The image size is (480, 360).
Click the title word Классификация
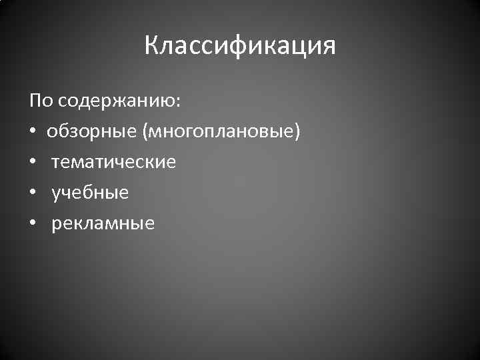pos(240,46)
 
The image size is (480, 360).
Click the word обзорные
pos(91,131)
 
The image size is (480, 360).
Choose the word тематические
pos(114,162)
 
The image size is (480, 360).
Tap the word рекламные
pos(103,223)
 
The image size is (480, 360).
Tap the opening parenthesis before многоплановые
pos(144,132)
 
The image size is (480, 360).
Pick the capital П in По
pos(35,101)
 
